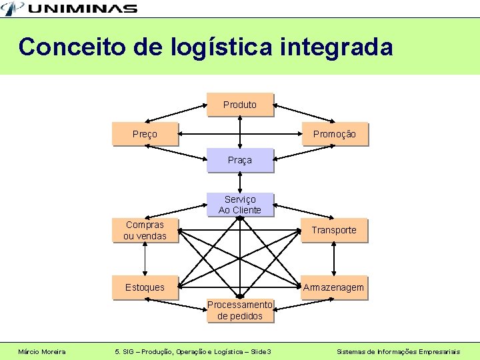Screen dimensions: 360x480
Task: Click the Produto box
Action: [x=240, y=105]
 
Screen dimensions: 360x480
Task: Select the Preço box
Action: [x=145, y=134]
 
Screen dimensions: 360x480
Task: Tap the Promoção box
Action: [x=334, y=134]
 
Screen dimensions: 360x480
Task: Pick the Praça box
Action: [x=240, y=161]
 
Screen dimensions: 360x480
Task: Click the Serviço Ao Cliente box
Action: [x=240, y=205]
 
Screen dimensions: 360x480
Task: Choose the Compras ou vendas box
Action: [x=145, y=230]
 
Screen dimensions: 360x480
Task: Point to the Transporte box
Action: [x=334, y=230]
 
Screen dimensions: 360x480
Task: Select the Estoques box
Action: [x=145, y=287]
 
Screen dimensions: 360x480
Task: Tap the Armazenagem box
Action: [x=334, y=287]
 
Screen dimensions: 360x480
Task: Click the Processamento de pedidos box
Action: [x=240, y=310]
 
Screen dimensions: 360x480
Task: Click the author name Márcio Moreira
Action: [x=42, y=351]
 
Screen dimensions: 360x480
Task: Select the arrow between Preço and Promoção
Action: [x=240, y=134]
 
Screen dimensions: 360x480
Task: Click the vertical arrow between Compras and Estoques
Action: [x=145, y=259]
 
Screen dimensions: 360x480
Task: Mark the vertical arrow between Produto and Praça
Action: [x=240, y=132]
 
